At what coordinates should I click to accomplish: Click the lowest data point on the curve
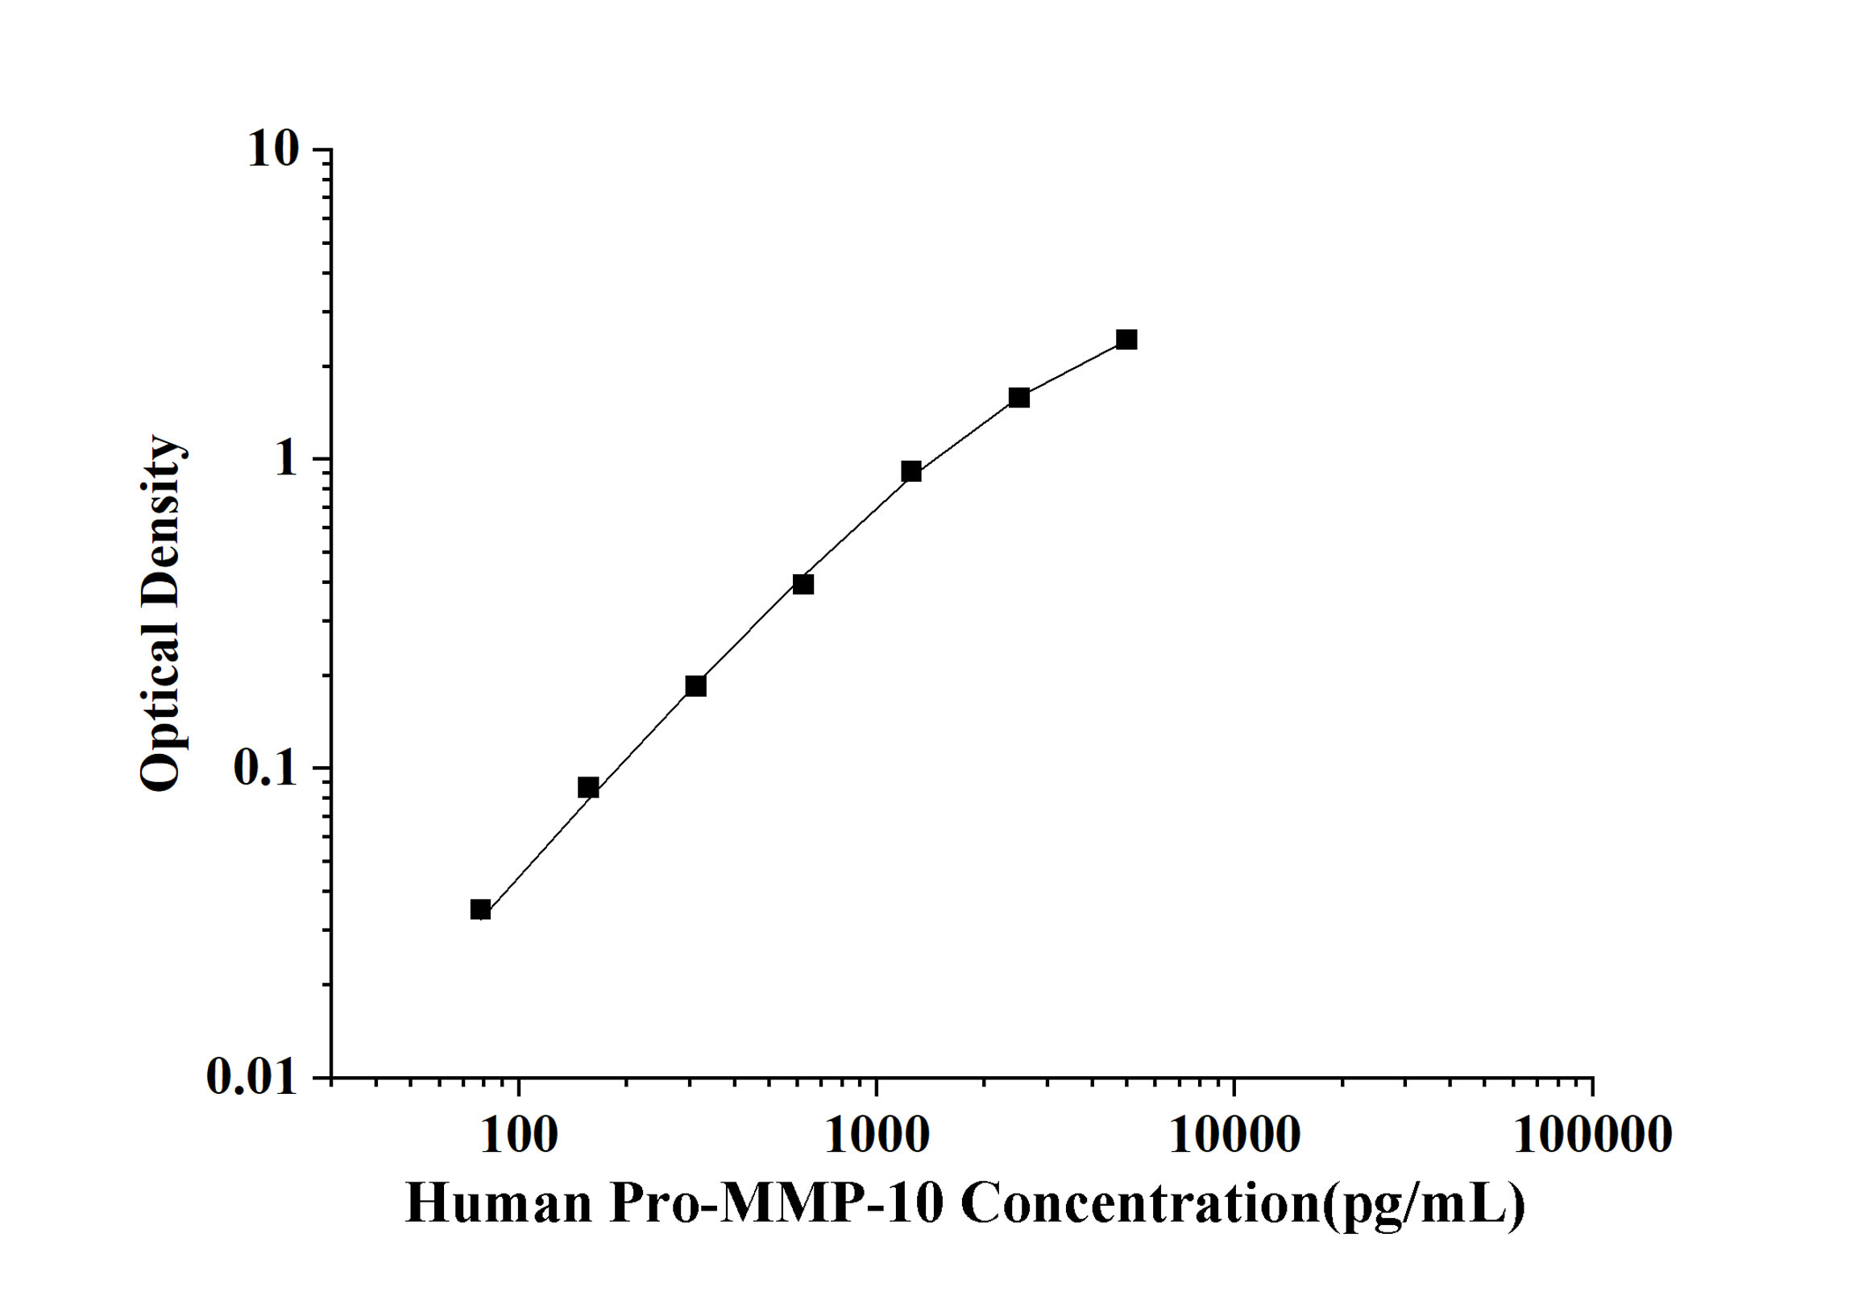(x=480, y=910)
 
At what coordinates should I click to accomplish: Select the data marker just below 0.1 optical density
(x=588, y=788)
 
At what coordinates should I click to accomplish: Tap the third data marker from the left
(x=695, y=685)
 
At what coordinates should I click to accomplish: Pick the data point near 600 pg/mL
(x=803, y=584)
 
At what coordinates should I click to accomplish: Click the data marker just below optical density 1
(x=911, y=471)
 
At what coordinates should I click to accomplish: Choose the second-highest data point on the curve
(x=1019, y=397)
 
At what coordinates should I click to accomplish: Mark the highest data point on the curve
(x=1126, y=339)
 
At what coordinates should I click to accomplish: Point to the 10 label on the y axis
(x=272, y=149)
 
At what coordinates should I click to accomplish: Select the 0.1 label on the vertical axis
(x=264, y=768)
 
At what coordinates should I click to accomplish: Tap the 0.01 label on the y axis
(x=251, y=1077)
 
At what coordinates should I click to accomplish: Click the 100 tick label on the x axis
(x=519, y=1136)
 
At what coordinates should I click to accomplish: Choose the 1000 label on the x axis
(x=877, y=1136)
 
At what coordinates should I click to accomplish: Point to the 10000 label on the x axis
(x=1234, y=1136)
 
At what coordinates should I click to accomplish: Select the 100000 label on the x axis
(x=1592, y=1136)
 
